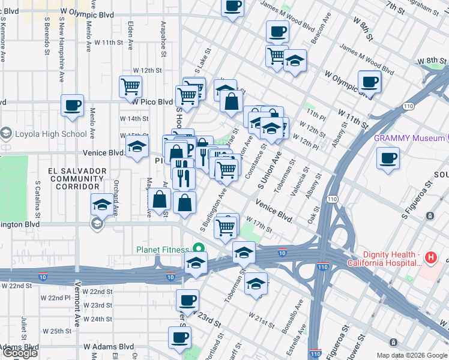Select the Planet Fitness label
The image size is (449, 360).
click(x=163, y=249)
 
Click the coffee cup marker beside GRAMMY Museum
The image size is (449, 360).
click(x=387, y=159)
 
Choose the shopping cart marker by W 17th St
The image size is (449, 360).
click(x=226, y=227)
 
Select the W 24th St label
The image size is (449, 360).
click(x=98, y=319)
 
